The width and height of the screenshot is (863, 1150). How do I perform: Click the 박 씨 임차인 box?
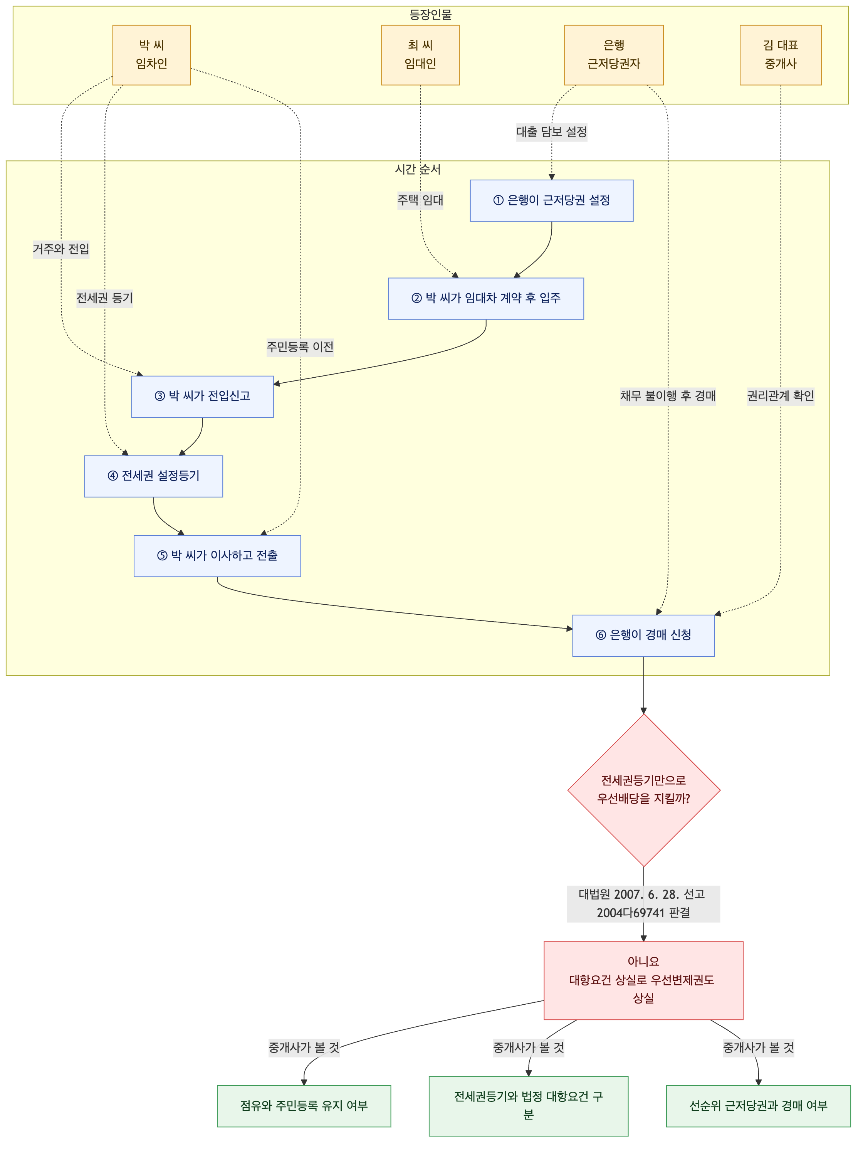pyautogui.click(x=151, y=55)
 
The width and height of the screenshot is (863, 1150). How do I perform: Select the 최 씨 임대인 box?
pyautogui.click(x=420, y=55)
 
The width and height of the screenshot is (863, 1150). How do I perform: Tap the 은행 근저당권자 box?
pyautogui.click(x=613, y=55)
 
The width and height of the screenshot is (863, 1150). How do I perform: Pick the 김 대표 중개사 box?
pyautogui.click(x=780, y=55)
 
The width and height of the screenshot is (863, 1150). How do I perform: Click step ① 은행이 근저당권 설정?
pyautogui.click(x=552, y=200)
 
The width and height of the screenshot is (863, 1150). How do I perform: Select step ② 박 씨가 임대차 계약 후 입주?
pyautogui.click(x=485, y=298)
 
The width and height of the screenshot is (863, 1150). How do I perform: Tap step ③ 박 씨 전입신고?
pyautogui.click(x=202, y=396)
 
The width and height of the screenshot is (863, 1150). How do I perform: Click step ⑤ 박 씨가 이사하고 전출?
pyautogui.click(x=217, y=556)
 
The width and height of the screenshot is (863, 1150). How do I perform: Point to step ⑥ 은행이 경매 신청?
pyautogui.click(x=643, y=635)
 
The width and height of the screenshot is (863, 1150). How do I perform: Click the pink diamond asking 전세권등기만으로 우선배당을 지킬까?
pyautogui.click(x=644, y=790)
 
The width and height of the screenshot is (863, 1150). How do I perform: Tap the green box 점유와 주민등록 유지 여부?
pyautogui.click(x=304, y=1106)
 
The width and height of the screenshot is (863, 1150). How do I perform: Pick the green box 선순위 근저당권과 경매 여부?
pyautogui.click(x=758, y=1106)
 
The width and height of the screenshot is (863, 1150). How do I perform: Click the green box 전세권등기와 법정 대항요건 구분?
pyautogui.click(x=528, y=1106)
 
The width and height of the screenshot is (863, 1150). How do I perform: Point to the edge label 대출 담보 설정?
pyautogui.click(x=552, y=132)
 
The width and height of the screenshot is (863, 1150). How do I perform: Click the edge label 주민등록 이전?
pyautogui.click(x=300, y=347)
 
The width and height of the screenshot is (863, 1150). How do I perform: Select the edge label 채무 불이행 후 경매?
pyautogui.click(x=668, y=396)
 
